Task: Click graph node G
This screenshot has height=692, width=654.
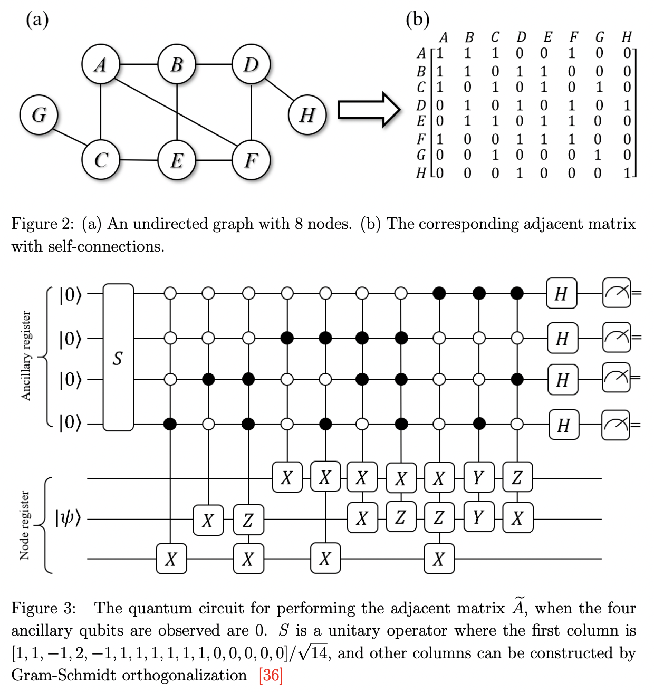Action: (39, 115)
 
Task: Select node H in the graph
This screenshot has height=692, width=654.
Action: (307, 115)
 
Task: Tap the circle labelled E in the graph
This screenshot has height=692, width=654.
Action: (177, 160)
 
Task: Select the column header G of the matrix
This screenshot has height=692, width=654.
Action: (600, 37)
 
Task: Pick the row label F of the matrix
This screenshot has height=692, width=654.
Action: (421, 140)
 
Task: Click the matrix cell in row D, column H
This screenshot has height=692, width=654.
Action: (627, 105)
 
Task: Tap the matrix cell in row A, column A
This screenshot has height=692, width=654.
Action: (440, 53)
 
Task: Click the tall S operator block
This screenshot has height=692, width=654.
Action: (118, 358)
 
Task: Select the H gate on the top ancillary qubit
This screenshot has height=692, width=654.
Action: (561, 293)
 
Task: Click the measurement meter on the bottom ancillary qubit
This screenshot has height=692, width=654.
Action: (616, 425)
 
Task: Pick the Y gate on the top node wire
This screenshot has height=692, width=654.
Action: (478, 477)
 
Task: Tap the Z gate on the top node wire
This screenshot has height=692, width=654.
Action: (517, 477)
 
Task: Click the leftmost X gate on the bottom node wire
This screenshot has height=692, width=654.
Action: (171, 559)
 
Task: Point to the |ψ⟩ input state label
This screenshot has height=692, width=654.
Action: (68, 518)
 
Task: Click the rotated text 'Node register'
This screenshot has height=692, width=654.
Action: (24, 525)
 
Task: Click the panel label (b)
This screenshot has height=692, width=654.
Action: (417, 20)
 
